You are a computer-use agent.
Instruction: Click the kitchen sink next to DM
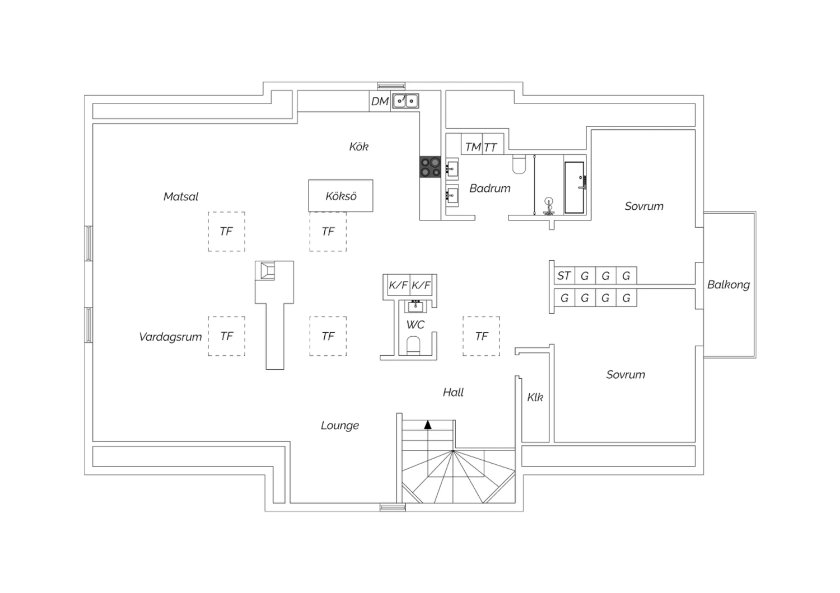pos(405,101)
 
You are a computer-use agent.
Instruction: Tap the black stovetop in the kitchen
pos(430,167)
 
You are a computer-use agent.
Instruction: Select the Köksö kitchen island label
pos(341,196)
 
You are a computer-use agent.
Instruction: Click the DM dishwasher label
pos(380,101)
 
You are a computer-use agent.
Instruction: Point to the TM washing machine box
pos(472,147)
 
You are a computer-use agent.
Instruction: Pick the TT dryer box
pos(491,147)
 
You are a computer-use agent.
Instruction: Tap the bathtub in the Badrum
pos(574,187)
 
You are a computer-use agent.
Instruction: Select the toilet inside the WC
pos(413,345)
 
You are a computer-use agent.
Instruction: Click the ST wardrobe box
pos(563,275)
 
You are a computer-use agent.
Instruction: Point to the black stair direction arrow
pos(428,425)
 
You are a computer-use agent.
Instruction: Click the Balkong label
pos(728,284)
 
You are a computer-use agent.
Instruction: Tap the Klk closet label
pos(535,397)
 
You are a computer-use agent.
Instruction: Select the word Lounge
pos(339,425)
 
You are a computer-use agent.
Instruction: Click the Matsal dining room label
pos(181,196)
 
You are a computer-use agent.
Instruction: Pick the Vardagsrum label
pos(170,337)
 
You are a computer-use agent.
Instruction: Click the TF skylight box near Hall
pos(481,336)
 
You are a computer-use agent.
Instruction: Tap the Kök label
pos(358,147)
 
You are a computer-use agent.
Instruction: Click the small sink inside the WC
pos(416,306)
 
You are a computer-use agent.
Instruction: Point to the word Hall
pos(453,392)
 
